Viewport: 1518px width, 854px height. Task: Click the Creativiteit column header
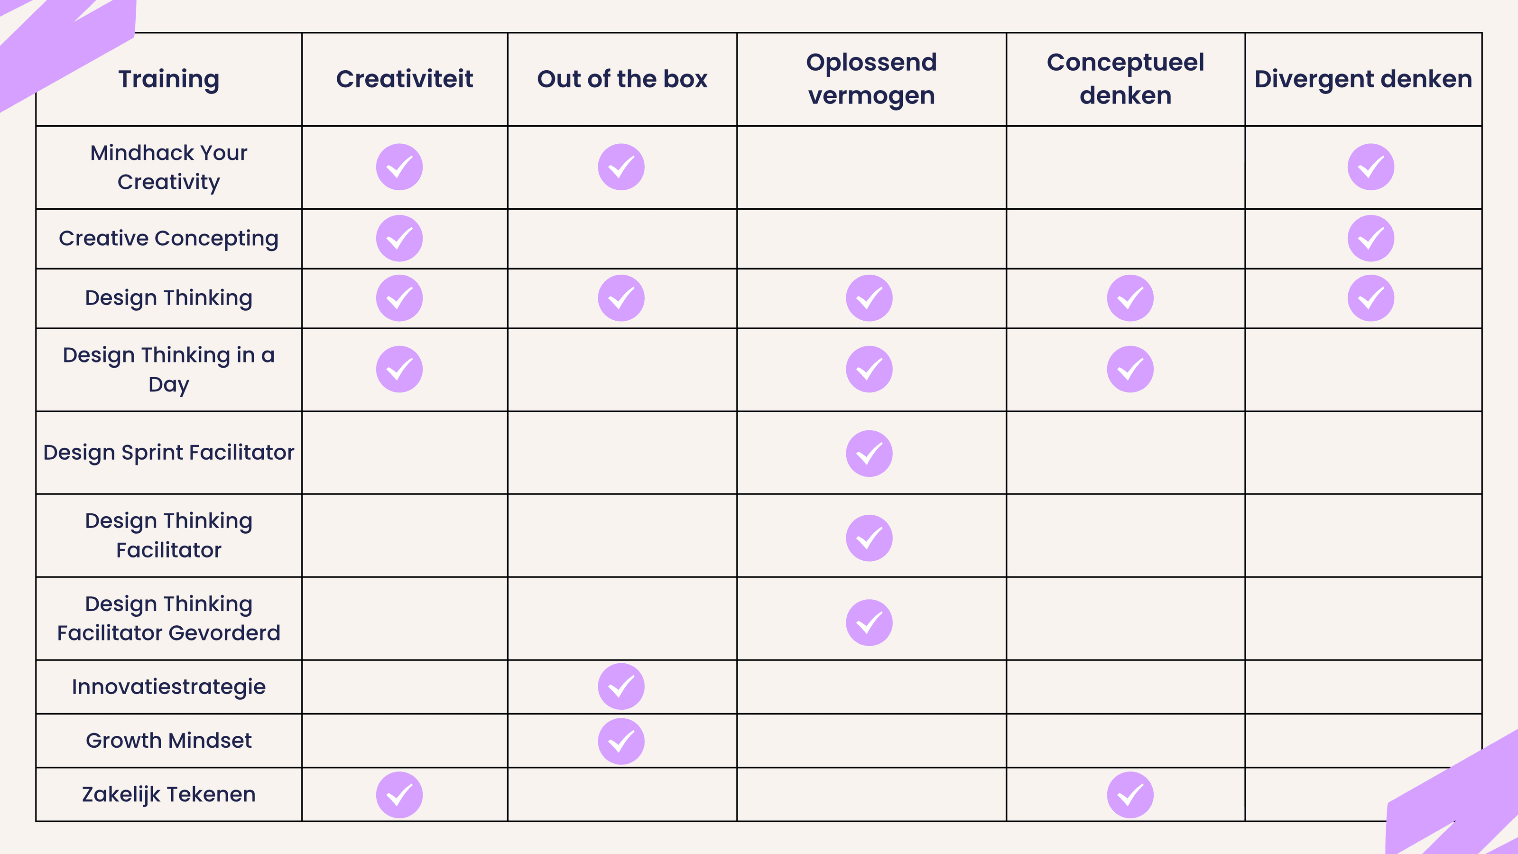(404, 79)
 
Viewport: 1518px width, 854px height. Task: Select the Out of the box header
(622, 79)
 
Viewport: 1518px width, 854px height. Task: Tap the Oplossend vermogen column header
(871, 79)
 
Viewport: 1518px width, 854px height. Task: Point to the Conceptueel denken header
(1125, 79)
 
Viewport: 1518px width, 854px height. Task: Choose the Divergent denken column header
(1363, 79)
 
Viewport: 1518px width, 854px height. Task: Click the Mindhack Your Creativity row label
(168, 167)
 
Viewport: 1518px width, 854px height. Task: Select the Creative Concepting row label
(168, 238)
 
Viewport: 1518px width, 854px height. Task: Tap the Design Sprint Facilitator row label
(168, 453)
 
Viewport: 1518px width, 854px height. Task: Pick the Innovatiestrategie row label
(168, 687)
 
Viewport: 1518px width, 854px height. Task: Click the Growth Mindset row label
(168, 740)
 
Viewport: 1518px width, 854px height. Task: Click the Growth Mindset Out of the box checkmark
(621, 742)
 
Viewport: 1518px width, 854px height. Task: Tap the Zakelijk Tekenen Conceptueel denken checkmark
(1129, 795)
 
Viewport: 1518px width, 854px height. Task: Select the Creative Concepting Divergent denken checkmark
(1370, 238)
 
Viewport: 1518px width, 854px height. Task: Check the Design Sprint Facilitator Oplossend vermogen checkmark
(869, 453)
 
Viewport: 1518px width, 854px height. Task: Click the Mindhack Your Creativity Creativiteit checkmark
(399, 167)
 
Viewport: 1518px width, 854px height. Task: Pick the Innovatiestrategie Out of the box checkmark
(621, 687)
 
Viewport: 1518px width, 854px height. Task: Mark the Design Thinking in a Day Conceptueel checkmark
(1129, 370)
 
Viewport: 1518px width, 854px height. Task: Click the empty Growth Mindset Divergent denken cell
(1363, 740)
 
